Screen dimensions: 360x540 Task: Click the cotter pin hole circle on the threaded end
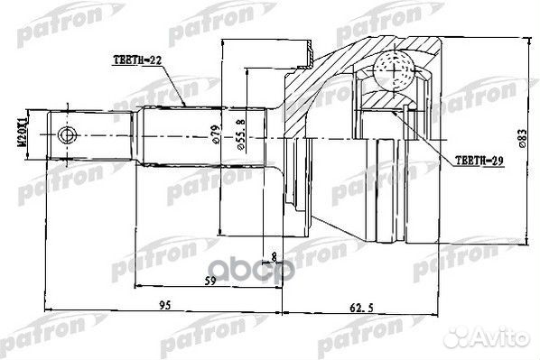click(x=65, y=135)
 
